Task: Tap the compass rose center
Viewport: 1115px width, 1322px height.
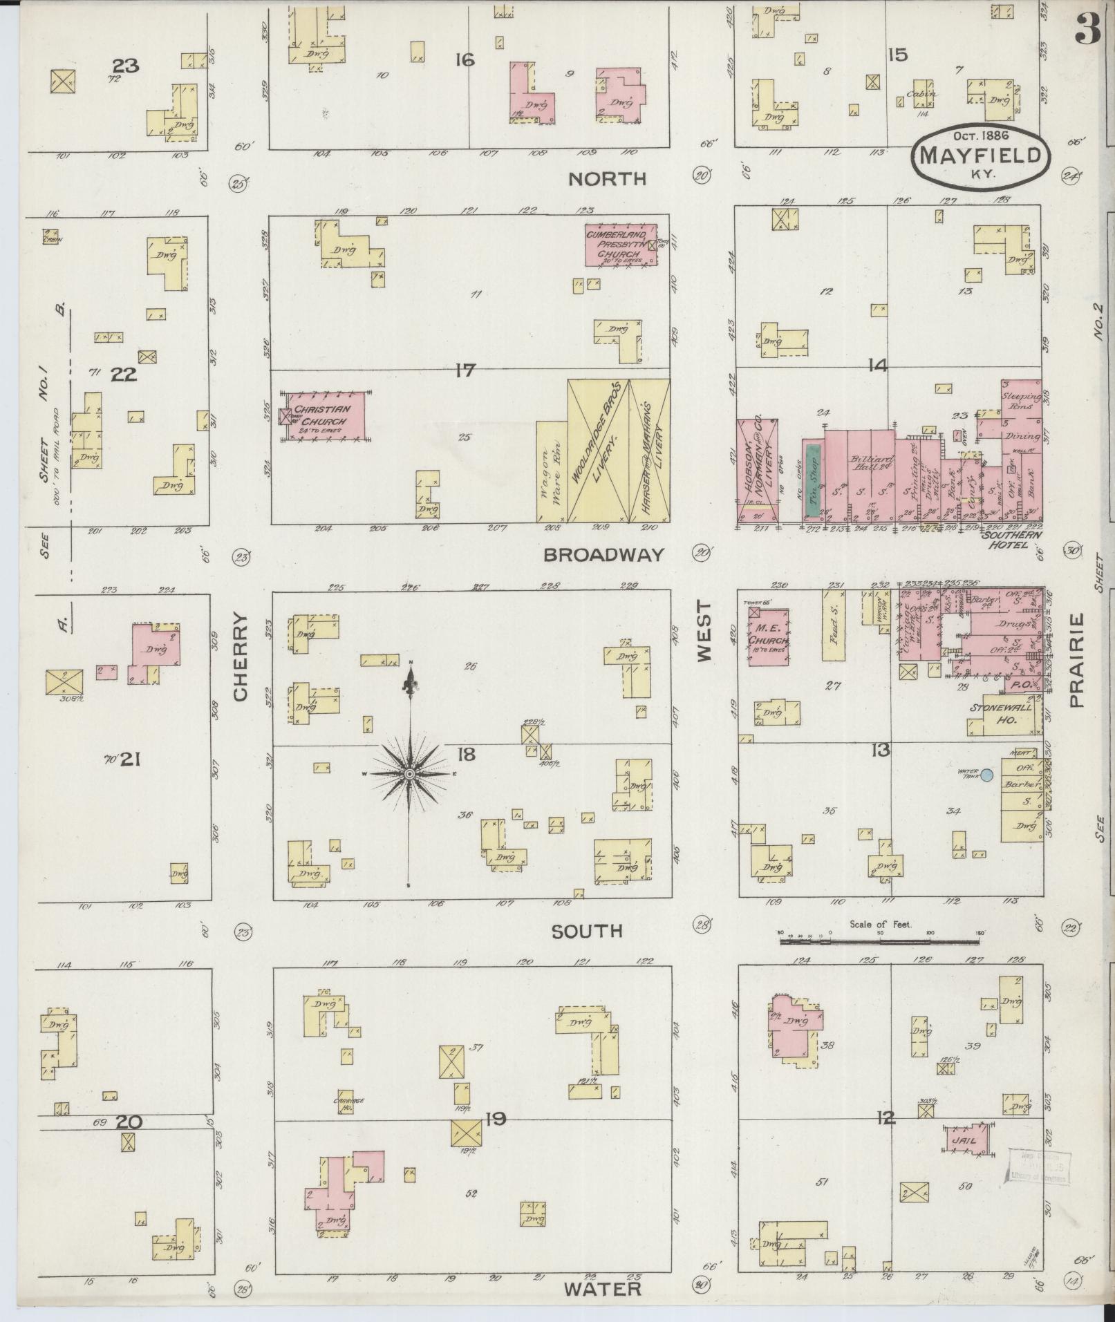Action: point(409,774)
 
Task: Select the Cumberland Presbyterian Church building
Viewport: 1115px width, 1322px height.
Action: point(619,244)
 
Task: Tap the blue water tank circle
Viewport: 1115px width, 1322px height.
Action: point(987,775)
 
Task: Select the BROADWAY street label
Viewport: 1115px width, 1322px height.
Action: point(603,555)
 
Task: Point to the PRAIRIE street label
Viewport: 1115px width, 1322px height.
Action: point(1076,661)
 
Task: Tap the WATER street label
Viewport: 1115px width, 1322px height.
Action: point(602,1289)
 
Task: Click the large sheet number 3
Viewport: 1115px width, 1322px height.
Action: point(1087,31)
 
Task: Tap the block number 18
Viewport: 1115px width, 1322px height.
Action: point(466,754)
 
